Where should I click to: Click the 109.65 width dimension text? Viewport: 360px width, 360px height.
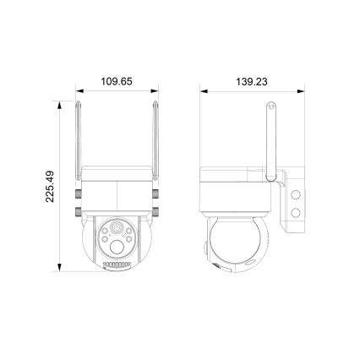click(117, 82)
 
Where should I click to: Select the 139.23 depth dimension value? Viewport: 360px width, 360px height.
click(251, 82)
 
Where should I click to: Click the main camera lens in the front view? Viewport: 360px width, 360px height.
click(117, 229)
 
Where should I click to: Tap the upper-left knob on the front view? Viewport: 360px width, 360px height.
click(75, 194)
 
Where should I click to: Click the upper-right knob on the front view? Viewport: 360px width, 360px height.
click(158, 194)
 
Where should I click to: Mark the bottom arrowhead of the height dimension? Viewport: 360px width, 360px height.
click(60, 268)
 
